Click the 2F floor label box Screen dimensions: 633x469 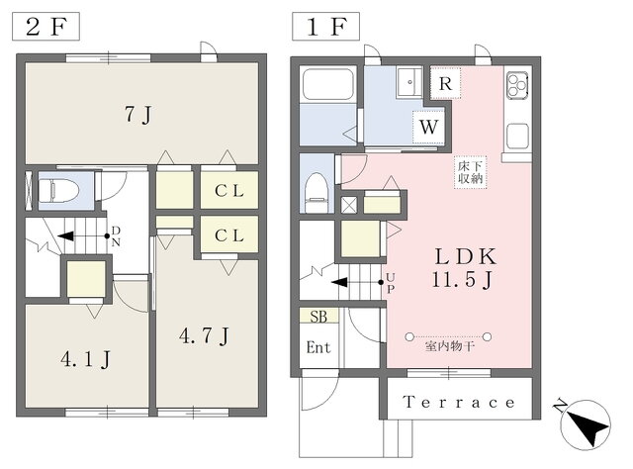45,27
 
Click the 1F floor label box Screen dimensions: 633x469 325,27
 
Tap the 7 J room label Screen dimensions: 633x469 138,115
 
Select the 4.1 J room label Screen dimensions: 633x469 86,359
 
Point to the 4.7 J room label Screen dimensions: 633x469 205,335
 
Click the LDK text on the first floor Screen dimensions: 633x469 466,256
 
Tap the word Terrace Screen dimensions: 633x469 459,403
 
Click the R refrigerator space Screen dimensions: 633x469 445,84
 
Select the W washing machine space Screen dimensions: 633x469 428,127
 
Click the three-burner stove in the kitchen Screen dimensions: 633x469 517,84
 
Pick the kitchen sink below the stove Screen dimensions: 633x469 517,137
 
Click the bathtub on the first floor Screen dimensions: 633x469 327,84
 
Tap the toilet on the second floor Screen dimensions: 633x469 59,190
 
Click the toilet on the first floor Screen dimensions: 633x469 316,192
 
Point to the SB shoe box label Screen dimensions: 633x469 318,317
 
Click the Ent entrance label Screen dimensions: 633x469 318,347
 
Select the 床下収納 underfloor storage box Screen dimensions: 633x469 471,172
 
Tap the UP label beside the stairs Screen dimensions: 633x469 390,283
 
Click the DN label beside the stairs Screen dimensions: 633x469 116,236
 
